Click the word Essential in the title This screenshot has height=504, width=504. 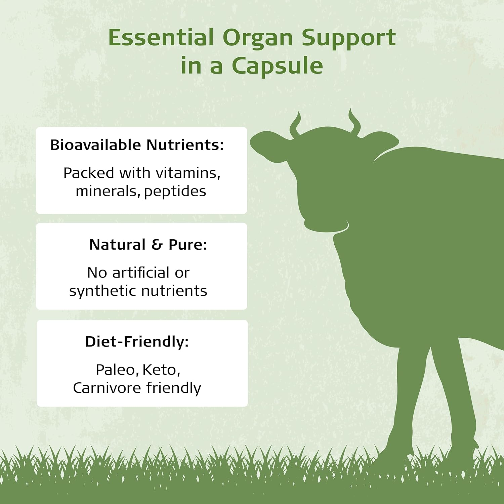(161, 37)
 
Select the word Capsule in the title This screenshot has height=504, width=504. (277, 66)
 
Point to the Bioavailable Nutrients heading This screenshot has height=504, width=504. (137, 145)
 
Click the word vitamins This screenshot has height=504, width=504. (188, 173)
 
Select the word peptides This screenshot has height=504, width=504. (175, 192)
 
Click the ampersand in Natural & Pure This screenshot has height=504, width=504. (157, 245)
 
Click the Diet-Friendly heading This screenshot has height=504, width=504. (137, 342)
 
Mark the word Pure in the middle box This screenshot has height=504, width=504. (187, 245)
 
